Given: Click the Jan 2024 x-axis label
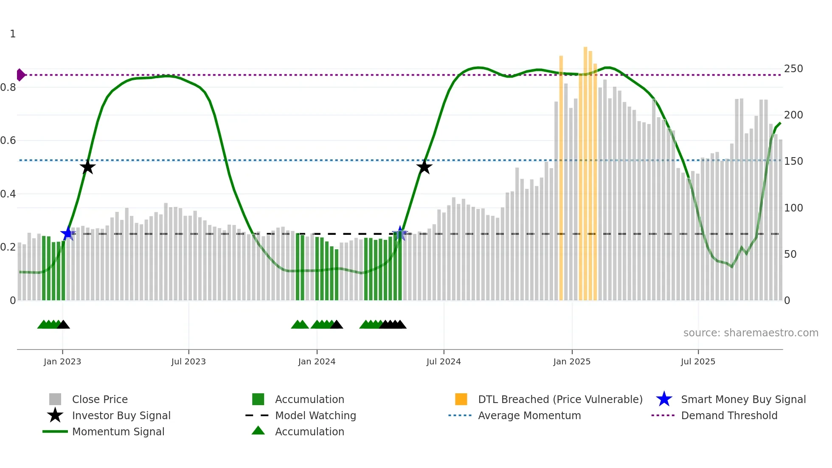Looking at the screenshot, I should pos(317,361).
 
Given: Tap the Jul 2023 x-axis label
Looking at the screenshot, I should pos(188,361).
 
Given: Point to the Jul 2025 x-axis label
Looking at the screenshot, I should pos(698,361).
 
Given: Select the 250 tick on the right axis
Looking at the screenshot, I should pos(793,69).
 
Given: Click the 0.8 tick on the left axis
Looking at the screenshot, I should pos(8,87).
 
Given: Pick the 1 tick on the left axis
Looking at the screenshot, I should pos(13,34).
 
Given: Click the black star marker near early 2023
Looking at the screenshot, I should pos(87,167).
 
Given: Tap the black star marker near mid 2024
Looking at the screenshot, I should pos(424,167).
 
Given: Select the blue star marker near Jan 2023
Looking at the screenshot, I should pos(67,233).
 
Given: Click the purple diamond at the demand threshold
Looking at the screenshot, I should pos(20,75).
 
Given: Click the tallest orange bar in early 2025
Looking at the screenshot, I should pos(585,170).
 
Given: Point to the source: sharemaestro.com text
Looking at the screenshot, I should pos(750,333).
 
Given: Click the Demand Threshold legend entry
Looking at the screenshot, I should pos(729,415).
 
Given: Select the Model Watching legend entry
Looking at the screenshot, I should pos(315,415).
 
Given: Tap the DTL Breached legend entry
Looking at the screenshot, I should pos(560,399).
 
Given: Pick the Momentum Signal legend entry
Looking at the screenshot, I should pos(118,431).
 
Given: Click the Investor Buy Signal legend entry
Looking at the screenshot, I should pos(121,415).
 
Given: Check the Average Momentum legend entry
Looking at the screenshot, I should pos(529,415).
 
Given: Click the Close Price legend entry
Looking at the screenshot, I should pos(100,399).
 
